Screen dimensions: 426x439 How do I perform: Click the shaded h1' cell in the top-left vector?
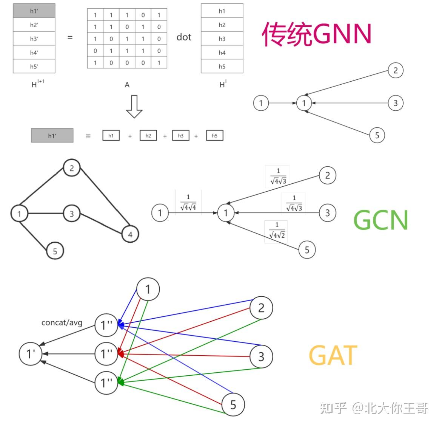(x=34, y=11)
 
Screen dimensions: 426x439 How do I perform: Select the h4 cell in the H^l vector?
(x=222, y=53)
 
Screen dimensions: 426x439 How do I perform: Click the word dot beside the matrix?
(x=184, y=37)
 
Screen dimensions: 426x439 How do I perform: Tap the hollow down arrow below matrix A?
(x=134, y=107)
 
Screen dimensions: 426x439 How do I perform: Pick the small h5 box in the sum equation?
(x=214, y=136)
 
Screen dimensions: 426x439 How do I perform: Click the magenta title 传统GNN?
(x=316, y=34)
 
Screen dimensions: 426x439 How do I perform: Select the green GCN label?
(x=381, y=220)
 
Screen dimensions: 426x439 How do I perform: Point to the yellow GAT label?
(x=333, y=355)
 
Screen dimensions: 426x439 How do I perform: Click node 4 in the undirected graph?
(x=130, y=234)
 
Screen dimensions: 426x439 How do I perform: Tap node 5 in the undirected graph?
(x=55, y=251)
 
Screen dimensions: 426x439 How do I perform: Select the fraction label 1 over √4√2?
(x=277, y=231)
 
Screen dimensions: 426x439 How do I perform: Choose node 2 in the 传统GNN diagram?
(x=395, y=70)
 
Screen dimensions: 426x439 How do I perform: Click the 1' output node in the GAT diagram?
(x=31, y=354)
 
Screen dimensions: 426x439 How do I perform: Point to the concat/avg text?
(x=62, y=322)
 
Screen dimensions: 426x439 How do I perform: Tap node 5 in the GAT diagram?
(x=233, y=405)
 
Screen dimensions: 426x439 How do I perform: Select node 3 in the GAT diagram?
(x=261, y=356)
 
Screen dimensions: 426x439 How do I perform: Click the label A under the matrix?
(x=127, y=85)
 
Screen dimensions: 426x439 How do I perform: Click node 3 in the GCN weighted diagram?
(x=327, y=213)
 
